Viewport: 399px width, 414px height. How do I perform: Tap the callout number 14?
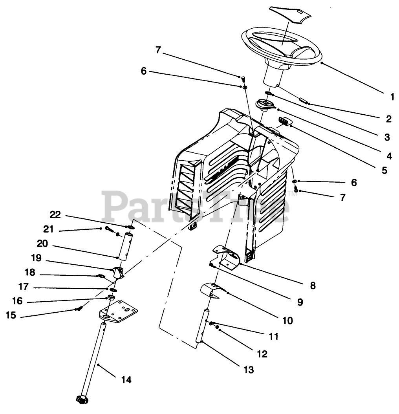click(126, 379)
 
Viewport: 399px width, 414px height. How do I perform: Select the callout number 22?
click(55, 214)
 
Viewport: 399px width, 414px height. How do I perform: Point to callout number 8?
click(313, 286)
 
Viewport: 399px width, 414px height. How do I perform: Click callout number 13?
click(249, 369)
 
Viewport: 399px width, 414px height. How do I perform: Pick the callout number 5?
click(384, 170)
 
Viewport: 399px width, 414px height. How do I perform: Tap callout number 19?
click(36, 258)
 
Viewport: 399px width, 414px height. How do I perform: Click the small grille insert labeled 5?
click(285, 122)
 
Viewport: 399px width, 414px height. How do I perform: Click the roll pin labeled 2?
click(303, 101)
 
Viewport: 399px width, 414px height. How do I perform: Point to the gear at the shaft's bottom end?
click(81, 399)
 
